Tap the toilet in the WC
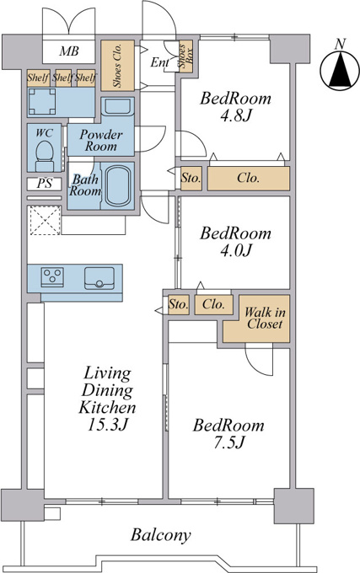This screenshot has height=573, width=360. [44, 156]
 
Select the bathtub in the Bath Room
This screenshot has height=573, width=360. [117, 185]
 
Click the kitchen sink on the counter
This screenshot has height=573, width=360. [99, 278]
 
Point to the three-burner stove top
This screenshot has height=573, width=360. [52, 276]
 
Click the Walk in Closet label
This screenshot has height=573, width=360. [265, 318]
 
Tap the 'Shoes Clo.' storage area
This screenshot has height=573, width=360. [117, 66]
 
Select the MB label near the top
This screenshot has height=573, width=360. [69, 51]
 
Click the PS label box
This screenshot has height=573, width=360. [44, 184]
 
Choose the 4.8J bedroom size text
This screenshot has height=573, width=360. [236, 115]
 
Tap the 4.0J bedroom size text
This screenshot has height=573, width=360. [236, 250]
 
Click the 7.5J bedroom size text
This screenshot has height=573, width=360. [228, 442]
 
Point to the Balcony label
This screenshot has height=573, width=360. [161, 535]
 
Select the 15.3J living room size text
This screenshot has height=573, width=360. [107, 424]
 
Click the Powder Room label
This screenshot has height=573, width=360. [101, 140]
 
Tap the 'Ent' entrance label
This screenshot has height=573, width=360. [159, 62]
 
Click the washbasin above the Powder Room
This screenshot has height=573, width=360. [117, 106]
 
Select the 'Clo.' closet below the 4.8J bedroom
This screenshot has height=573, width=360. [249, 178]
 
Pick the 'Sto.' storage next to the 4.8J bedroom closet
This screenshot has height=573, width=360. [191, 179]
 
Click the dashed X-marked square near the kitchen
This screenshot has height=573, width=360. [45, 221]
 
